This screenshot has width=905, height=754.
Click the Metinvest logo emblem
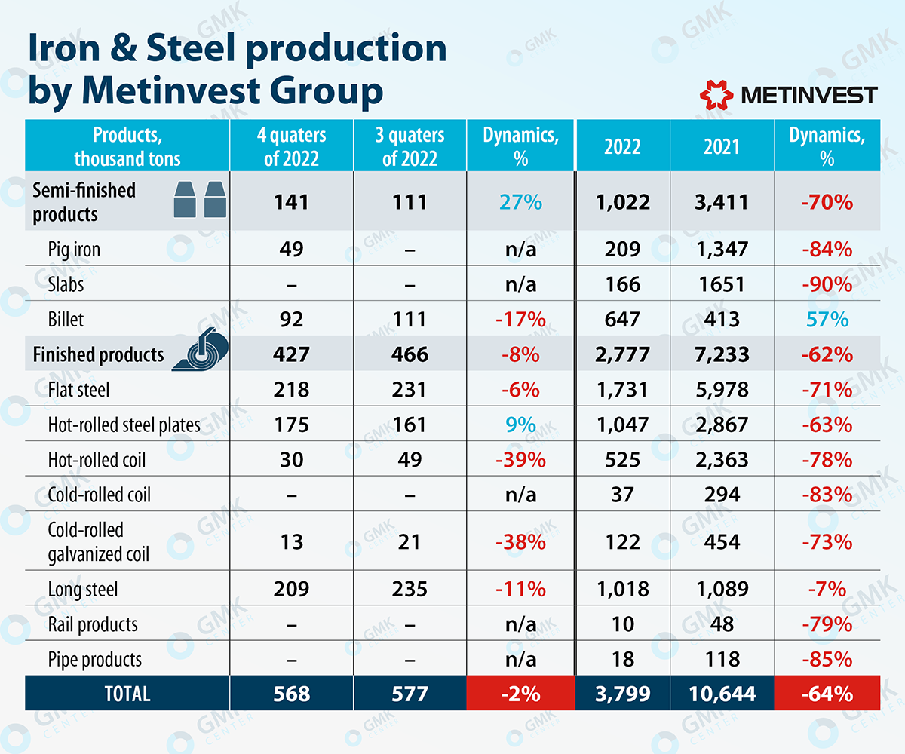point(716,94)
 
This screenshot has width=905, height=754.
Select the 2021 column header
point(722,146)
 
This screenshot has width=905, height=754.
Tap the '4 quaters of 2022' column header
point(291,146)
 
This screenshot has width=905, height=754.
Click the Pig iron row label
point(74,249)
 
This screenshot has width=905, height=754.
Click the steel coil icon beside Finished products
point(201,352)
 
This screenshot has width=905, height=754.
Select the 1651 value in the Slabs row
point(722,284)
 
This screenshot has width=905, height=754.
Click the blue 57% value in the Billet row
point(827,319)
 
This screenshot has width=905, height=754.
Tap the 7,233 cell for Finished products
point(722,354)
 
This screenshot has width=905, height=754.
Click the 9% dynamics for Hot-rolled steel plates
point(520,425)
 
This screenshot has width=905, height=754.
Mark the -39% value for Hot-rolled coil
point(520,460)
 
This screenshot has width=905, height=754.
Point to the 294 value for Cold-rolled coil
point(722,495)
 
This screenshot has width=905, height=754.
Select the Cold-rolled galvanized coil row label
point(98,542)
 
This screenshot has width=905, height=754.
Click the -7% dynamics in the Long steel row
point(827,588)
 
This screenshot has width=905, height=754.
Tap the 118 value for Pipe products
point(722,659)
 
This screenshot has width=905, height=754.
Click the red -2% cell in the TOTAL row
point(520,694)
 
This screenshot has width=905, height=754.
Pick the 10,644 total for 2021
point(722,694)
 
